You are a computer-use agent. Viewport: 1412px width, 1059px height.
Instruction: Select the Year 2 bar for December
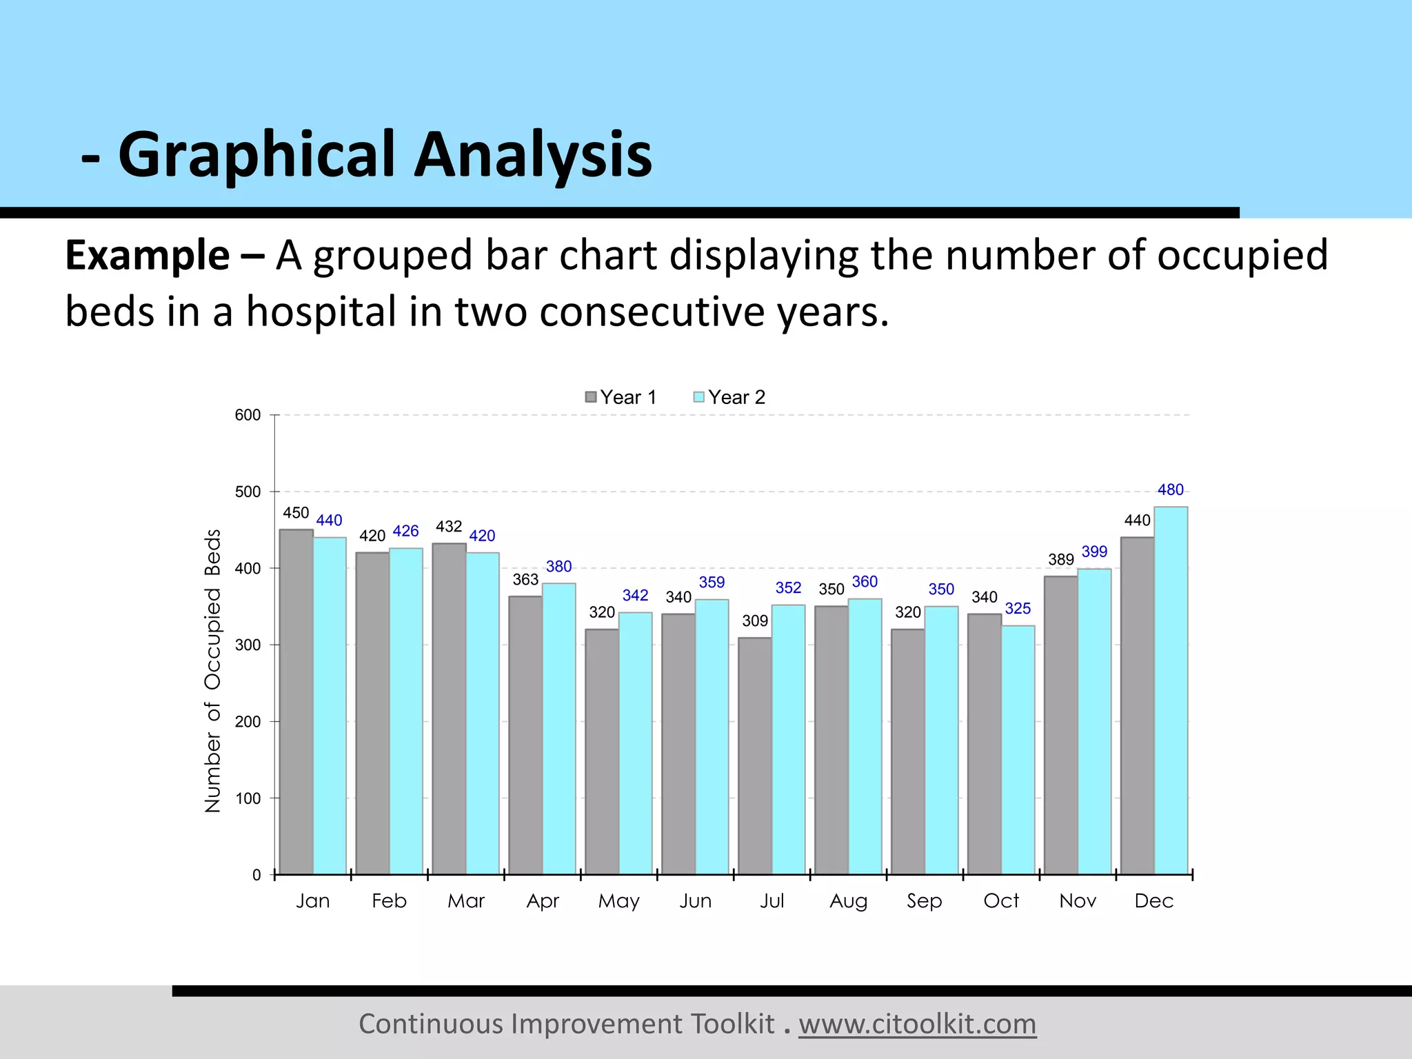1171,689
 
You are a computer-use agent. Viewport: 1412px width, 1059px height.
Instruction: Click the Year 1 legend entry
621,397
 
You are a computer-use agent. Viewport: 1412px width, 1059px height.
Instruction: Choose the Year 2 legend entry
729,397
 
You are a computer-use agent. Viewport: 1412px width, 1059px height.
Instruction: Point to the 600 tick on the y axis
248,415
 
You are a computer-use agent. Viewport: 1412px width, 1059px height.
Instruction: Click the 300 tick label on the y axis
248,645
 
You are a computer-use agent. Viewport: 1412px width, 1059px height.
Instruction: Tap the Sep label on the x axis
925,901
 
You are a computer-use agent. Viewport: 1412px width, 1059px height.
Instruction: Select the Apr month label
543,901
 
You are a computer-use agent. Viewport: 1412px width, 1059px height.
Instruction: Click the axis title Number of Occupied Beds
213,671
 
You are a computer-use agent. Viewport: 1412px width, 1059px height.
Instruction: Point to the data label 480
1170,490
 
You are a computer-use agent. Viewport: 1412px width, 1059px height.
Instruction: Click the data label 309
755,621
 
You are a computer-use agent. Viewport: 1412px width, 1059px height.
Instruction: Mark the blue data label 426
405,531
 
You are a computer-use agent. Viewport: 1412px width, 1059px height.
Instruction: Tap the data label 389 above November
1061,560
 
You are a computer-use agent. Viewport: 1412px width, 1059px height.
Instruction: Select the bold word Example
147,255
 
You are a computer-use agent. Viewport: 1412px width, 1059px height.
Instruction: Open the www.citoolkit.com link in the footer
917,1024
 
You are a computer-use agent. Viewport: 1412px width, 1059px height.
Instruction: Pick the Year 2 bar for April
558,728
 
